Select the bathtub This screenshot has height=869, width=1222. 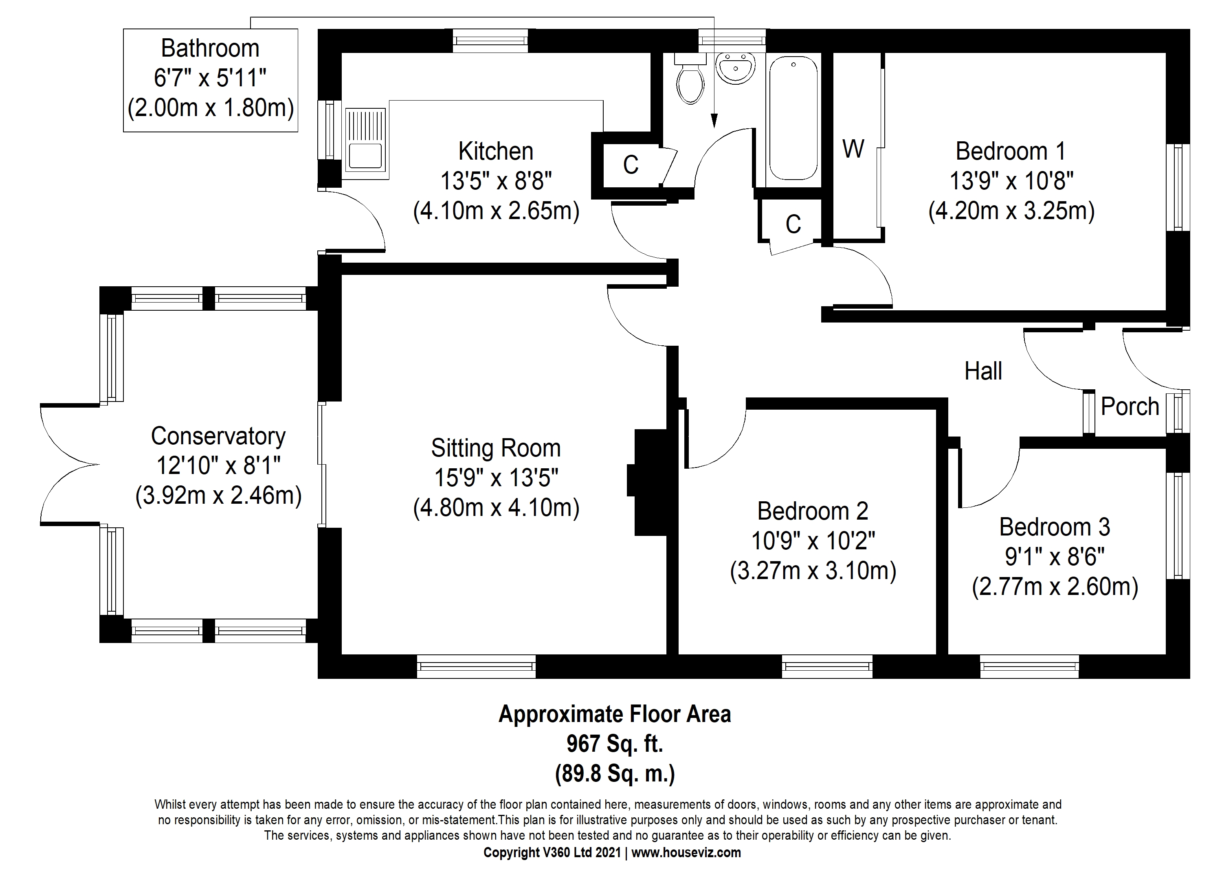[793, 119]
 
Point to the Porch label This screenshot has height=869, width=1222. [1130, 407]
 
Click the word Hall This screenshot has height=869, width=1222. [983, 371]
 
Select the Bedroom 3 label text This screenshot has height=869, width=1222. [1055, 527]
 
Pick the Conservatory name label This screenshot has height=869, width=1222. [218, 436]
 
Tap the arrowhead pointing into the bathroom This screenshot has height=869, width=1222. [714, 123]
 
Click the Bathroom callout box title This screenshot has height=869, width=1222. [210, 48]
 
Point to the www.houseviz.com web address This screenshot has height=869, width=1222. [687, 852]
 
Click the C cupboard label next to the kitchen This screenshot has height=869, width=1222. [631, 165]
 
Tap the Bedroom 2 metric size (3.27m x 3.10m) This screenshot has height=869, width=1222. [813, 571]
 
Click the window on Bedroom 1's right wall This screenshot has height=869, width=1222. [1178, 187]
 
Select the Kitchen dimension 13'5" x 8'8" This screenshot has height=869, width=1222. [496, 181]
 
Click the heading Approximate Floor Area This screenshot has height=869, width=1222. [615, 714]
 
